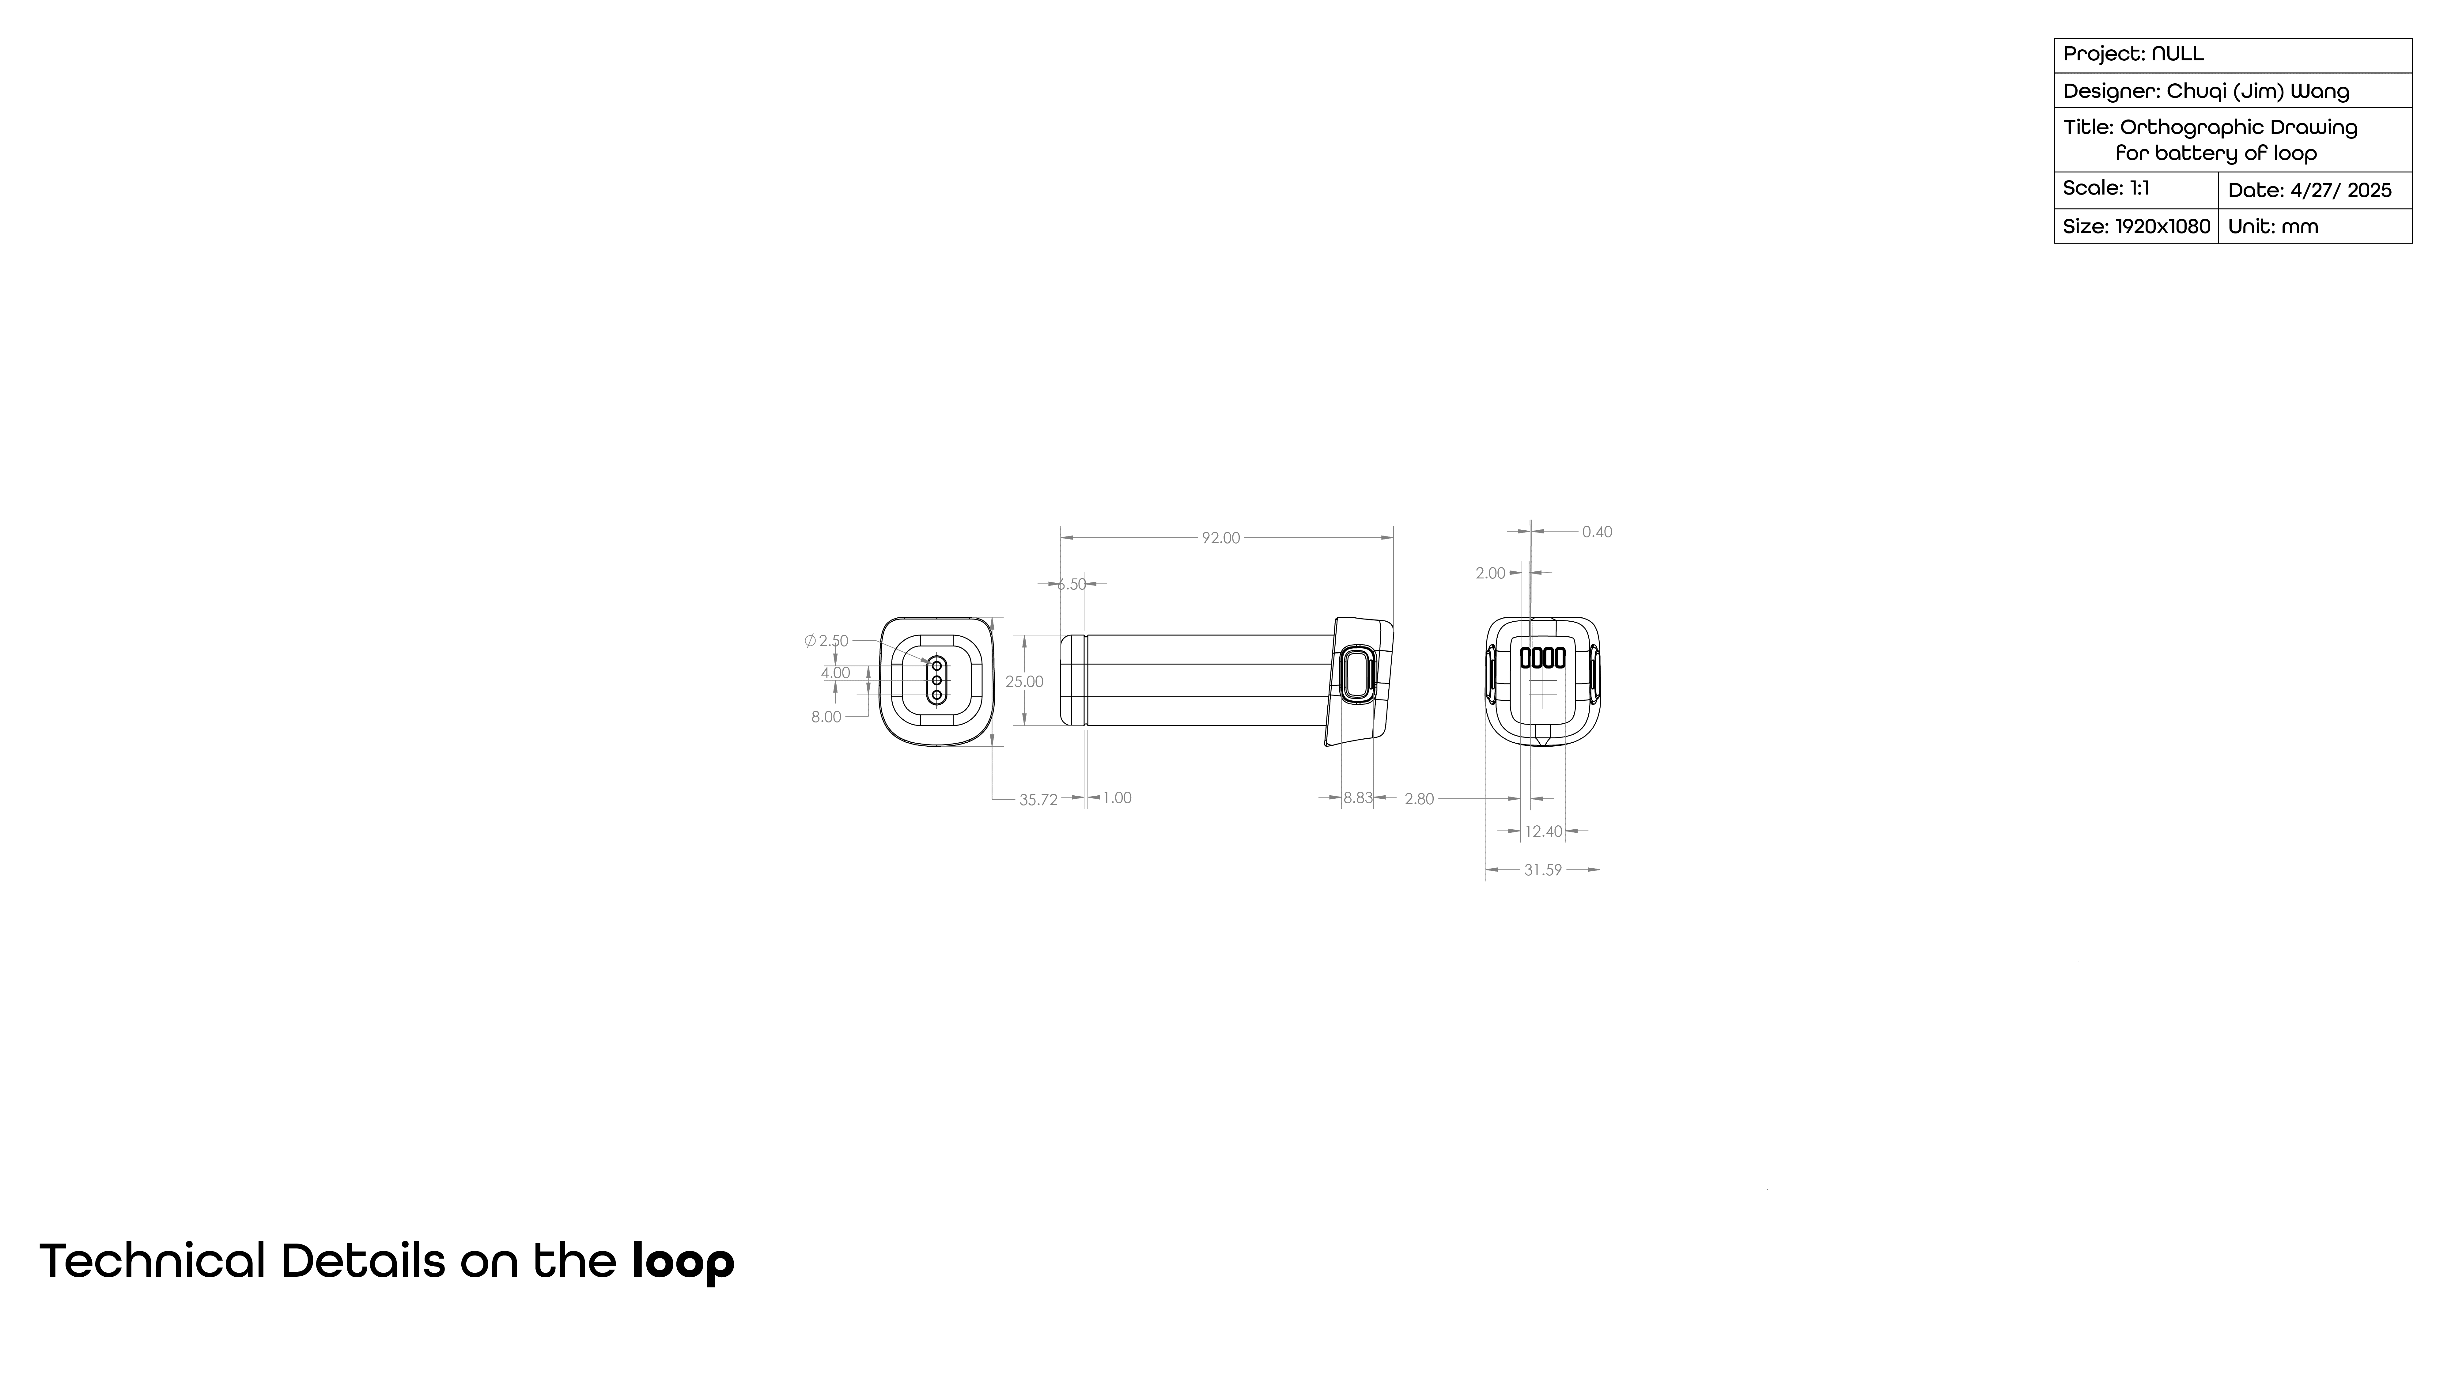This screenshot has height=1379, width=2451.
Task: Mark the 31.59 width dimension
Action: pyautogui.click(x=1542, y=870)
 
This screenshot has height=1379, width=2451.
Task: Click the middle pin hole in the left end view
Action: pyautogui.click(x=937, y=680)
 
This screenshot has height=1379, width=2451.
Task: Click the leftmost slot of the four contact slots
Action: pyautogui.click(x=1524, y=657)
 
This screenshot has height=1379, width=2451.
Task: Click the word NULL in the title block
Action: pyautogui.click(x=2178, y=54)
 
